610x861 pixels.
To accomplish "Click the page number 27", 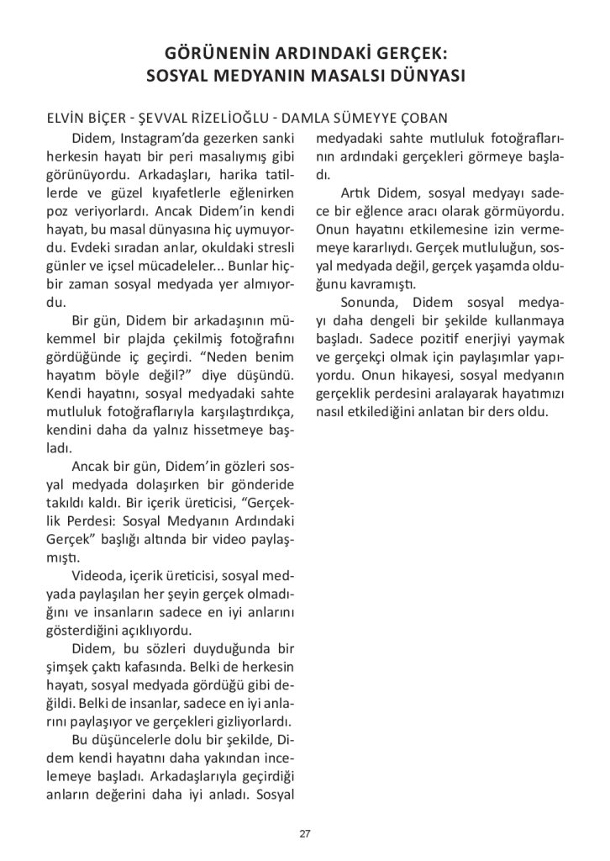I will (x=305, y=834).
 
